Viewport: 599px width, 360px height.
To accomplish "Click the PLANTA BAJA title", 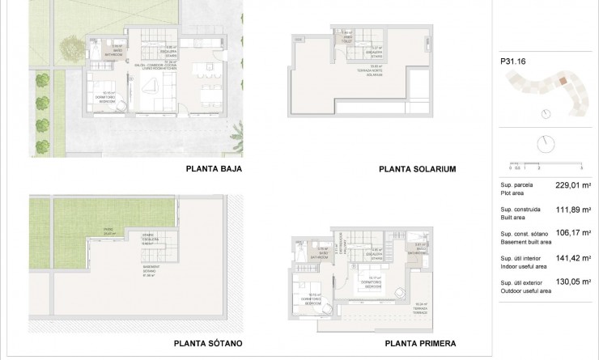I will click(x=215, y=170).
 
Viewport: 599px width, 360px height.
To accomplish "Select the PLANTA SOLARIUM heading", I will click(x=418, y=170).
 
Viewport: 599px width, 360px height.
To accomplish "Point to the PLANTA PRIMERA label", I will click(x=418, y=341).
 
